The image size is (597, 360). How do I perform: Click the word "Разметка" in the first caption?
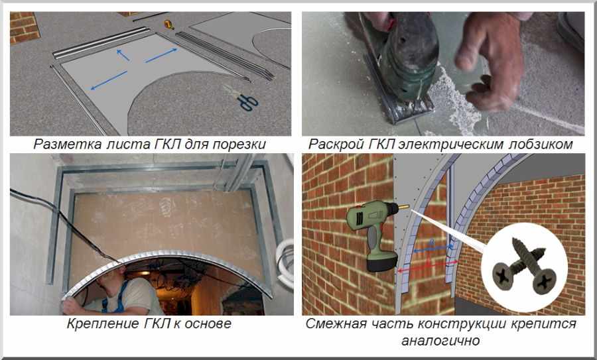[x=68, y=145]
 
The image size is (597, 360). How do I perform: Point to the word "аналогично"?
[x=440, y=340]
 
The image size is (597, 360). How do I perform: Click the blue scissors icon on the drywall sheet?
[x=247, y=103]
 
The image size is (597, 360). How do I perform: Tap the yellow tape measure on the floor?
[x=169, y=25]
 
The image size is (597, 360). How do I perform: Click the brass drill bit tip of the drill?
[x=403, y=208]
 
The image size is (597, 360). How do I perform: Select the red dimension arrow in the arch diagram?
[x=427, y=267]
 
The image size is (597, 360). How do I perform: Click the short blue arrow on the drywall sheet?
[x=123, y=55]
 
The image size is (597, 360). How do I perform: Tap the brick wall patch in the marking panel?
[x=25, y=28]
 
